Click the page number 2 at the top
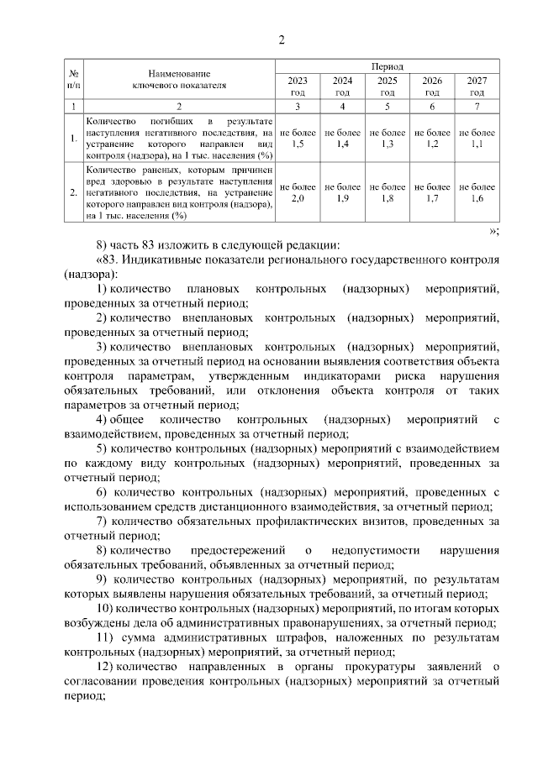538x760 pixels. point(282,40)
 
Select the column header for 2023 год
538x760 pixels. point(297,86)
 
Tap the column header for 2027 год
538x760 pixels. point(477,86)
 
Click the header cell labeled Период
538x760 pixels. point(387,66)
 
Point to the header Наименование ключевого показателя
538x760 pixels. point(179,80)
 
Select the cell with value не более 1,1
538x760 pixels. point(477,139)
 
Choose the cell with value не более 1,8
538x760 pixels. point(387,192)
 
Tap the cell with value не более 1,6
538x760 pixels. point(477,192)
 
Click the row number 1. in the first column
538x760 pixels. point(74,139)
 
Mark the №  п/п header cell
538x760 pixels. point(74,80)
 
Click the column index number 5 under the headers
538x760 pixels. point(387,107)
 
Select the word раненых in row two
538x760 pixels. point(149,170)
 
